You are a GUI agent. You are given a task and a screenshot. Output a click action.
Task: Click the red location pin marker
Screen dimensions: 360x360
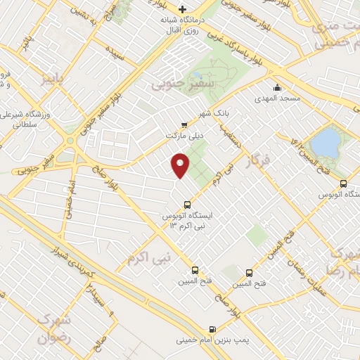point(180,166)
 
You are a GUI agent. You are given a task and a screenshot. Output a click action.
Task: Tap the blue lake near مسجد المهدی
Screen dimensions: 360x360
point(325,143)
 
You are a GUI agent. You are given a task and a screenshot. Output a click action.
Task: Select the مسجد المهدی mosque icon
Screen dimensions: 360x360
point(278,89)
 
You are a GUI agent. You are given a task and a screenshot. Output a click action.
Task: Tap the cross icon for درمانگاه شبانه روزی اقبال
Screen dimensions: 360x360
point(183,9)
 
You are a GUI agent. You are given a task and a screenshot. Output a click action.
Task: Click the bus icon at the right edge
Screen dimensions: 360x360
point(343,184)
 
